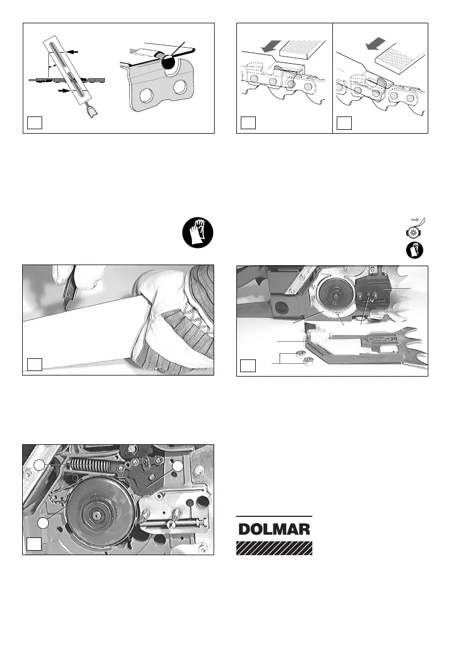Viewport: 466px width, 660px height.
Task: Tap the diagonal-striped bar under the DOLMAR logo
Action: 275,548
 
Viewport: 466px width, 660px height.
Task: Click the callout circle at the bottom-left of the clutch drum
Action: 43,523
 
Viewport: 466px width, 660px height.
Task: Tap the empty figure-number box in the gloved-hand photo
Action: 34,364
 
